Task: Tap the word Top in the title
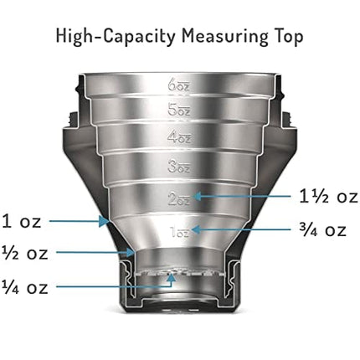[x=290, y=36]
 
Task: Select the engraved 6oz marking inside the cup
[x=180, y=85]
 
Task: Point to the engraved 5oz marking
[x=180, y=110]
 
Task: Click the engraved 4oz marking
[x=180, y=136]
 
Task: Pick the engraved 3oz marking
[x=180, y=167]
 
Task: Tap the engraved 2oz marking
[x=180, y=198]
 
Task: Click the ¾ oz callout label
[x=321, y=229]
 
